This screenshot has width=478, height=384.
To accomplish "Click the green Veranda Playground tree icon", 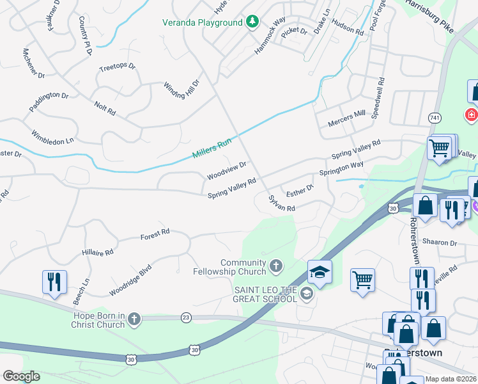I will (252, 22).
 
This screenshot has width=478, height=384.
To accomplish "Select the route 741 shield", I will (435, 118).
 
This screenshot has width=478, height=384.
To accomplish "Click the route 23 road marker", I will (186, 317).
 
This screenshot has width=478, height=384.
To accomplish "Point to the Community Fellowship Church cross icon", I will (275, 265).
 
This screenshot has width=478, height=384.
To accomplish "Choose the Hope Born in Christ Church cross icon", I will (134, 319).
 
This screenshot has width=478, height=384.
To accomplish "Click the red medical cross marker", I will (472, 115).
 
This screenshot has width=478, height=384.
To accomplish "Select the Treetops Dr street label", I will (118, 66).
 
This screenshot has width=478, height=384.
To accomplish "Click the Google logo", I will (21, 376).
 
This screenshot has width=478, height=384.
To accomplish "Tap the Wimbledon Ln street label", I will (53, 136).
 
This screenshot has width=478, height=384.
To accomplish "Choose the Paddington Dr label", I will (49, 102).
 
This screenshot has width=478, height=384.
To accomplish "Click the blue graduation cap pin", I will (319, 272).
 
